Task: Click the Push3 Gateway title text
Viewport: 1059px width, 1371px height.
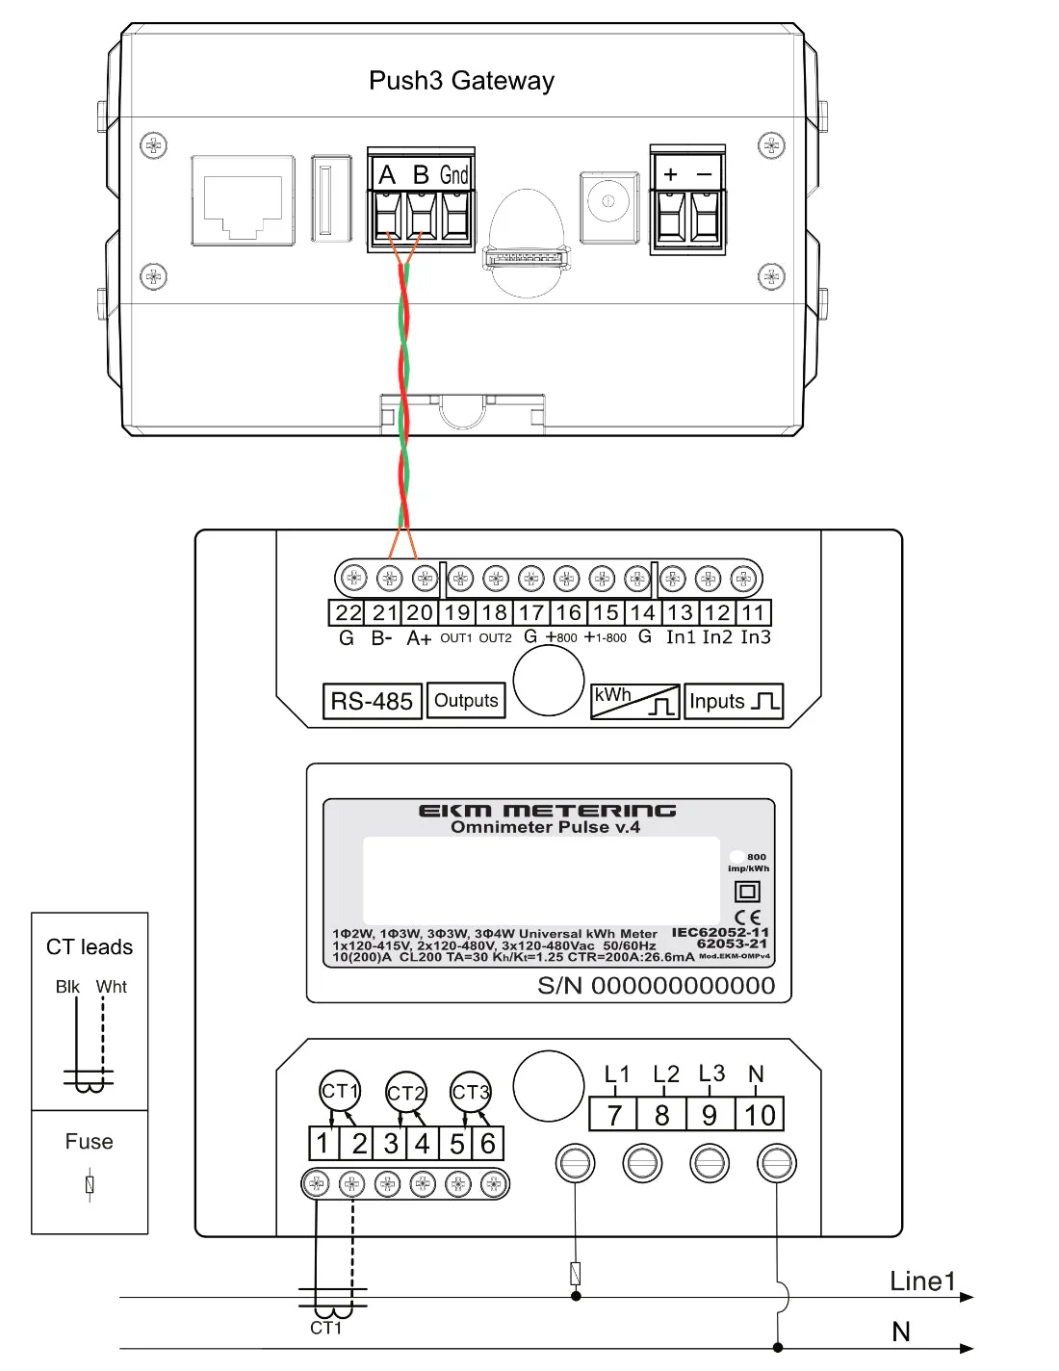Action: click(461, 81)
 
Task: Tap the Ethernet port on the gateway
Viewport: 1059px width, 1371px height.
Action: click(243, 200)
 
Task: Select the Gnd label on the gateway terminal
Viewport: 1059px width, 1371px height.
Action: click(454, 174)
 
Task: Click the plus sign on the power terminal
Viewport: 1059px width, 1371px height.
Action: click(671, 174)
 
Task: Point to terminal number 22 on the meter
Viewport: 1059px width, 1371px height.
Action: click(348, 613)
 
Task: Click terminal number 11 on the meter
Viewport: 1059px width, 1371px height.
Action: click(753, 613)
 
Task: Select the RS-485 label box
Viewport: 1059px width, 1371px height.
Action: click(372, 701)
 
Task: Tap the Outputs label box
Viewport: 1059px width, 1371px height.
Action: click(466, 701)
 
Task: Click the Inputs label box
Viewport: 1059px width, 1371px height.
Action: click(734, 701)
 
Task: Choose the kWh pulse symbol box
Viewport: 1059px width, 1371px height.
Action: click(634, 701)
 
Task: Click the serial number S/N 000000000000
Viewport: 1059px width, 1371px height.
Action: click(656, 986)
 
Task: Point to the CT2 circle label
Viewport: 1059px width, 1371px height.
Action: click(405, 1093)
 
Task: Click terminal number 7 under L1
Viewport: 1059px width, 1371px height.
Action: click(613, 1115)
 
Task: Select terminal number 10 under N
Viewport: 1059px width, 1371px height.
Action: click(760, 1115)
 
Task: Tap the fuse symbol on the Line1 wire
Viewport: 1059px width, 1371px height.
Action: click(576, 1273)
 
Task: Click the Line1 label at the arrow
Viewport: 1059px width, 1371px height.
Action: click(922, 1281)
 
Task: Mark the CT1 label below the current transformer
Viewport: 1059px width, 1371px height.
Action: click(325, 1329)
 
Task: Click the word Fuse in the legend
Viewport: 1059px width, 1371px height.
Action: click(89, 1142)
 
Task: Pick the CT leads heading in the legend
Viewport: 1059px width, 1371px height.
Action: click(90, 947)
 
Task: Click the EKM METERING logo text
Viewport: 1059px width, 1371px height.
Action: click(547, 811)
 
